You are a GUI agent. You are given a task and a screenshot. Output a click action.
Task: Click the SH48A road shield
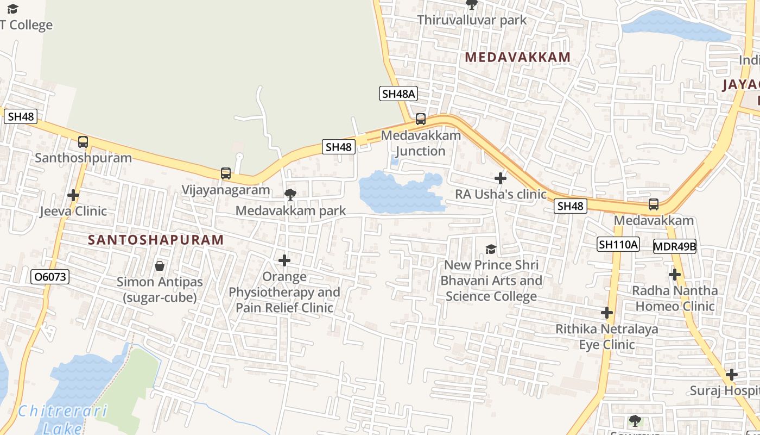pyautogui.click(x=398, y=94)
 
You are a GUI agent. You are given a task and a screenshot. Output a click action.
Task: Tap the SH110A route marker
pyautogui.click(x=618, y=244)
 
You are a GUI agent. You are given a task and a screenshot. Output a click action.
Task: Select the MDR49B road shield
pyautogui.click(x=674, y=246)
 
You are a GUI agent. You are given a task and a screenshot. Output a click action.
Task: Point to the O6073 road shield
pyautogui.click(x=50, y=277)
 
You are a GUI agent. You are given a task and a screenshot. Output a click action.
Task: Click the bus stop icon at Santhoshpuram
pyautogui.click(x=83, y=142)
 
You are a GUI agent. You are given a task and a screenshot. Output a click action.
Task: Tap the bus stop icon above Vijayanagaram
pyautogui.click(x=226, y=173)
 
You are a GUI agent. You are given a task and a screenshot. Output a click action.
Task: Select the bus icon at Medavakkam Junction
pyautogui.click(x=421, y=119)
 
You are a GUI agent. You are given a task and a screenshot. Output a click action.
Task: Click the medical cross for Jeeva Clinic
pyautogui.click(x=73, y=195)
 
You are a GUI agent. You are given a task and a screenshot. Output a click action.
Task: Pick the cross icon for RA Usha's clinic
pyautogui.click(x=501, y=178)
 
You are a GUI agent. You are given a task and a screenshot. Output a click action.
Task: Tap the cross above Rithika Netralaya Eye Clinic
pyautogui.click(x=607, y=313)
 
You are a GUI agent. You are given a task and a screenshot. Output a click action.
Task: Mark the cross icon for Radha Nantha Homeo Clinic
pyautogui.click(x=675, y=275)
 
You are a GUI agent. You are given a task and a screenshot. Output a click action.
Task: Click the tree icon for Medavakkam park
pyautogui.click(x=290, y=194)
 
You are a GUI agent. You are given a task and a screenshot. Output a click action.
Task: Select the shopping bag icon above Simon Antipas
pyautogui.click(x=160, y=266)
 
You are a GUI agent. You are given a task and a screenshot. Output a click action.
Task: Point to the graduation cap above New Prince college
pyautogui.click(x=491, y=249)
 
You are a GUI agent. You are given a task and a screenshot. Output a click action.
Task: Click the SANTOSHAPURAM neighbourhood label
pyautogui.click(x=156, y=240)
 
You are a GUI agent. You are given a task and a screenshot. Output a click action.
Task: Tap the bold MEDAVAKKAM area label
pyautogui.click(x=518, y=57)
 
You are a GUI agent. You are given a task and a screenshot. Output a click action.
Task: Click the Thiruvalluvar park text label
pyautogui.click(x=472, y=20)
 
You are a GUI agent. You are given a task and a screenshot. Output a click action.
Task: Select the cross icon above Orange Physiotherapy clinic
pyautogui.click(x=284, y=261)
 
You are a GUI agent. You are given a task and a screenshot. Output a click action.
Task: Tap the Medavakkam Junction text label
pyautogui.click(x=421, y=143)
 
